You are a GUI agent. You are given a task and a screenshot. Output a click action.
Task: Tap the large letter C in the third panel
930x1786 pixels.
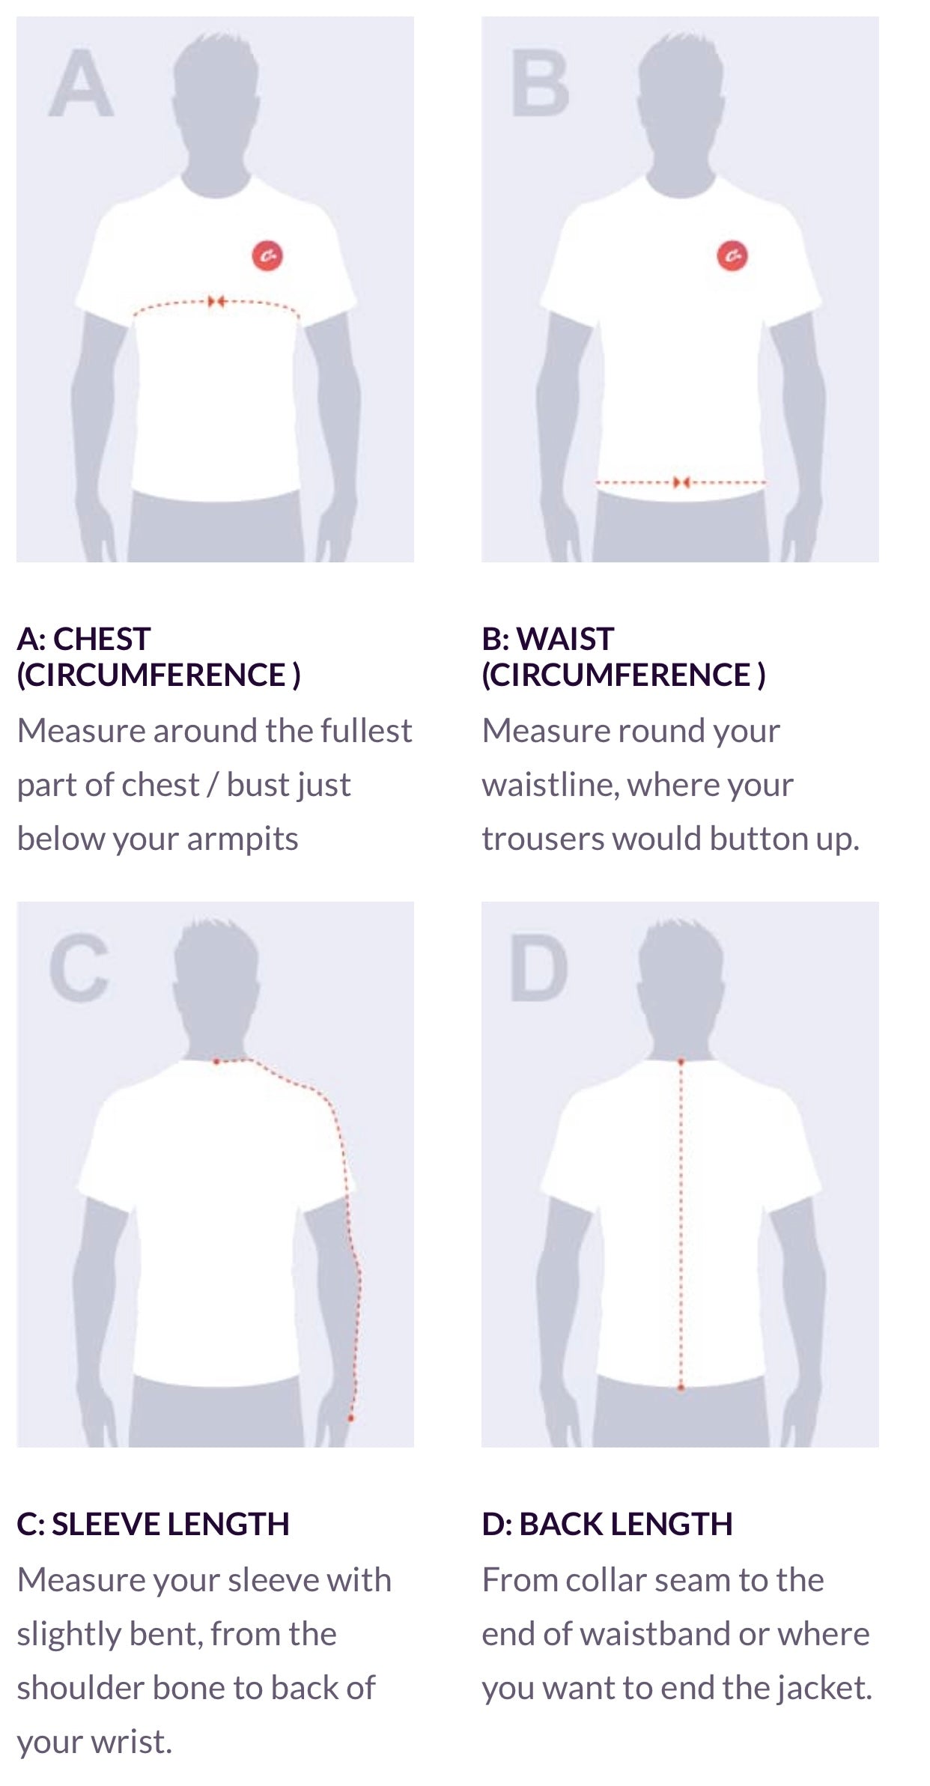79,969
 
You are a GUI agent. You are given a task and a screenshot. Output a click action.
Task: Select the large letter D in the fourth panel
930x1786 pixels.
538,969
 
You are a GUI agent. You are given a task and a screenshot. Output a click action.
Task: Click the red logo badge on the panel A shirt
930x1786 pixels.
267,256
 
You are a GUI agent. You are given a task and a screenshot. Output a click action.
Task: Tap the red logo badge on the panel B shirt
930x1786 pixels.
732,256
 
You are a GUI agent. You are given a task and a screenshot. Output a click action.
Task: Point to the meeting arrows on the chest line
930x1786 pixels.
217,301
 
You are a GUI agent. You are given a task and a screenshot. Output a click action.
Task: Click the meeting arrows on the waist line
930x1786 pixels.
681,482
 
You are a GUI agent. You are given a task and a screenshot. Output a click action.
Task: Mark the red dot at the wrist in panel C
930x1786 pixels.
350,1418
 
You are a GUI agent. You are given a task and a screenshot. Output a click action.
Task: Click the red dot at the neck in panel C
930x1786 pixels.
216,1061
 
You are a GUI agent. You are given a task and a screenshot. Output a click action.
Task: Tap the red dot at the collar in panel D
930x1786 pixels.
681,1062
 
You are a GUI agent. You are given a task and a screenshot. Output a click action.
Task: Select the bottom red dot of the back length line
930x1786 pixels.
681,1388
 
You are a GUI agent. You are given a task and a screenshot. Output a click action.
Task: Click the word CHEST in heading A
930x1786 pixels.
102,639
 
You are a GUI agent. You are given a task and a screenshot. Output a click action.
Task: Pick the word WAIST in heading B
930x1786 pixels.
566,639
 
